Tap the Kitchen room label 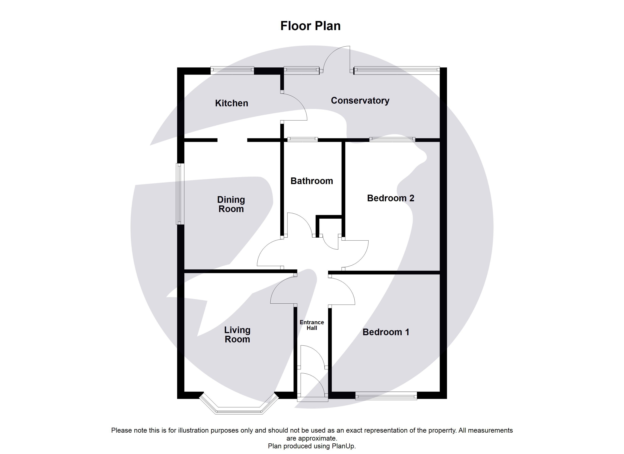point(231,103)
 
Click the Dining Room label point(231,204)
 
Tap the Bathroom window point(302,140)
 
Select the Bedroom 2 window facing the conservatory point(392,140)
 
